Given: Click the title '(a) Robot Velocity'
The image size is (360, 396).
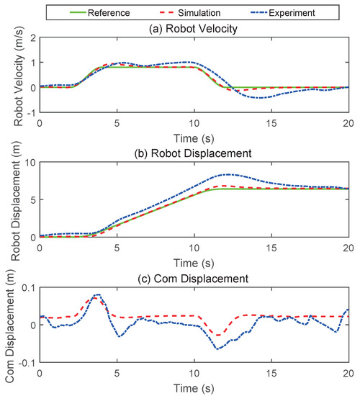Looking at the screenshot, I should (x=193, y=30).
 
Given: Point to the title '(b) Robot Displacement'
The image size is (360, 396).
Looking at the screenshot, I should (x=193, y=153).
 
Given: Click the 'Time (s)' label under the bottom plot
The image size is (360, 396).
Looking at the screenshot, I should (x=193, y=386).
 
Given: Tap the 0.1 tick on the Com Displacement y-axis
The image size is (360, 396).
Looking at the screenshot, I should (x=26, y=287).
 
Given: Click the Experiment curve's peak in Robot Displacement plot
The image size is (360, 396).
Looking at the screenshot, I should (x=228, y=174).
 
